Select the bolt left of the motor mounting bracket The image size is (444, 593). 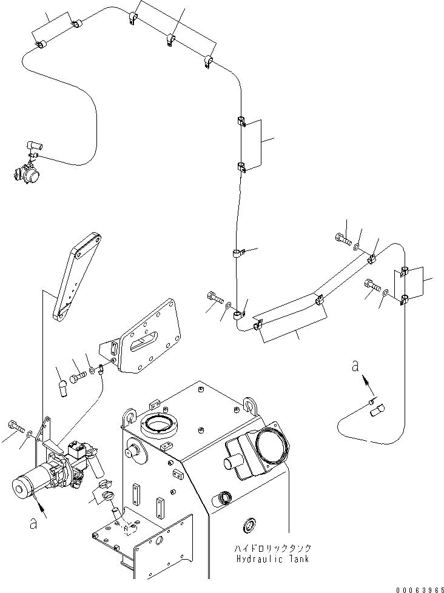15,425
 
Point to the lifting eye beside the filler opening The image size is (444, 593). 129,415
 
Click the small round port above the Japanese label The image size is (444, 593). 249,524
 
